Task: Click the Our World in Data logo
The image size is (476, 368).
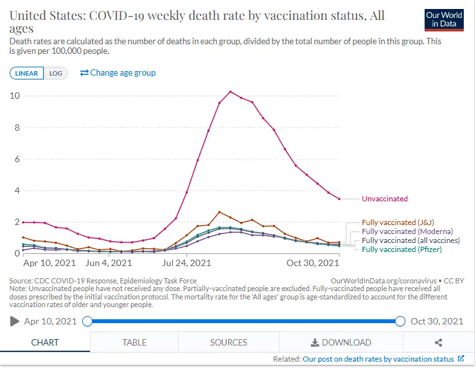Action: [444, 19]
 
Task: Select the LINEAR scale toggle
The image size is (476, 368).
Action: [26, 73]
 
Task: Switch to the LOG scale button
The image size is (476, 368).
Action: [56, 73]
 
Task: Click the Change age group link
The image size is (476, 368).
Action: [118, 72]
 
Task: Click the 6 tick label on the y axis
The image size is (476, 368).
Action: [15, 159]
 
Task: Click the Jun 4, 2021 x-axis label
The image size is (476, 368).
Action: [109, 263]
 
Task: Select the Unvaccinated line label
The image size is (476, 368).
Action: [384, 199]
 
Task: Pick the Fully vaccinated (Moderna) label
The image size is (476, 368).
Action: [407, 231]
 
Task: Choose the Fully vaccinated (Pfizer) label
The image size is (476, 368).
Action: [403, 249]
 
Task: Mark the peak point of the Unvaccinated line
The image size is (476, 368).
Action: [231, 92]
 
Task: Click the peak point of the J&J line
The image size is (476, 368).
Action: [220, 212]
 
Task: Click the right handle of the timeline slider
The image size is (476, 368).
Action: [400, 321]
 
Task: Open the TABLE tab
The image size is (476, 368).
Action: [134, 342]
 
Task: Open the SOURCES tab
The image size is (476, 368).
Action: [229, 342]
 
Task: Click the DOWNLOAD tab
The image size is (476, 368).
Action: [340, 342]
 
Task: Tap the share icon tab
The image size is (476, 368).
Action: [439, 342]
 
